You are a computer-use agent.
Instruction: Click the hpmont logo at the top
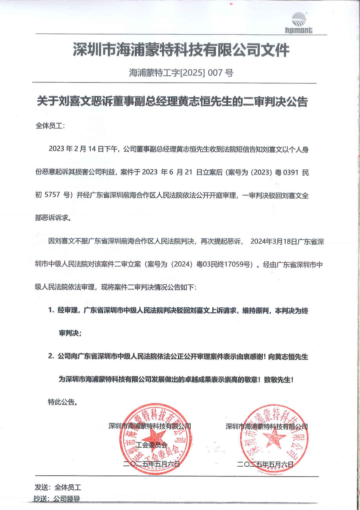click(299, 23)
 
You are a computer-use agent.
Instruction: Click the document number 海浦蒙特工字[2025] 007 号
click(181, 72)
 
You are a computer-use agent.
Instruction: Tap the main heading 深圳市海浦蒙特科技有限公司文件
click(181, 50)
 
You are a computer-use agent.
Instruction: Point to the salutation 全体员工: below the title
click(50, 126)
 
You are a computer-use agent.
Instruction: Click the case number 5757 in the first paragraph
click(52, 195)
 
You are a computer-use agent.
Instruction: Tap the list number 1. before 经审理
click(51, 310)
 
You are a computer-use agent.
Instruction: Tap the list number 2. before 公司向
click(51, 356)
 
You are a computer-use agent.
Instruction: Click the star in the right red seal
click(274, 437)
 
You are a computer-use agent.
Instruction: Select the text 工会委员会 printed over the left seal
click(152, 445)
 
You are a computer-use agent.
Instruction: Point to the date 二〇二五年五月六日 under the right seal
click(265, 464)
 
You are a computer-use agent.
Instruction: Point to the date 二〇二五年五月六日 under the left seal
click(151, 464)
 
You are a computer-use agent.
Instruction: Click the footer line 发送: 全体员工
click(58, 487)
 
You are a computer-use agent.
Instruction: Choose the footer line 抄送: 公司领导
click(57, 499)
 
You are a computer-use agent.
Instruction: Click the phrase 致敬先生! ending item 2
click(279, 379)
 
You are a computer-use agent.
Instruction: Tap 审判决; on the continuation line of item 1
click(70, 333)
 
